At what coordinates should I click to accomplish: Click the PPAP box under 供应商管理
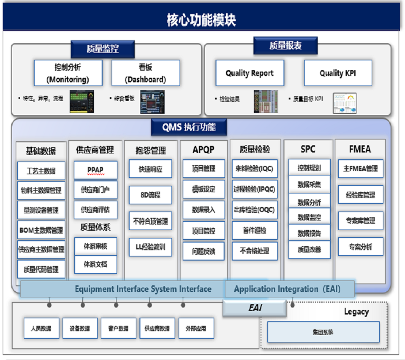click(95, 170)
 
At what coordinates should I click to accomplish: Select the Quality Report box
click(250, 73)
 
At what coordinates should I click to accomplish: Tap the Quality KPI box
click(338, 73)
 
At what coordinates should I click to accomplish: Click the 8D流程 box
click(150, 195)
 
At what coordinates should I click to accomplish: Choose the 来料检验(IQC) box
click(255, 169)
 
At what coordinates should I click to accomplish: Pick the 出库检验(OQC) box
click(255, 210)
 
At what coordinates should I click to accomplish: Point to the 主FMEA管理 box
click(360, 169)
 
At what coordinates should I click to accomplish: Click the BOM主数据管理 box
click(41, 230)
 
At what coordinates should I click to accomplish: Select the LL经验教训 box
click(150, 247)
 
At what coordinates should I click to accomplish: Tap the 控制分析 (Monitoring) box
click(68, 73)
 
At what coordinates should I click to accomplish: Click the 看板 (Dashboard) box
click(145, 73)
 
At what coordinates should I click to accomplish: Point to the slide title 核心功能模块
click(201, 20)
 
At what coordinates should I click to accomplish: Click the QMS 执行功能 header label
click(189, 127)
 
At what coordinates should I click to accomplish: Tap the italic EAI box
click(255, 308)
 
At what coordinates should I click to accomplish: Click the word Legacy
click(356, 312)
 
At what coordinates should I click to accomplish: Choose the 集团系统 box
click(323, 332)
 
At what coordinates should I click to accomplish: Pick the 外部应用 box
click(196, 328)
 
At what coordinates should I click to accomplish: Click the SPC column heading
click(308, 149)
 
